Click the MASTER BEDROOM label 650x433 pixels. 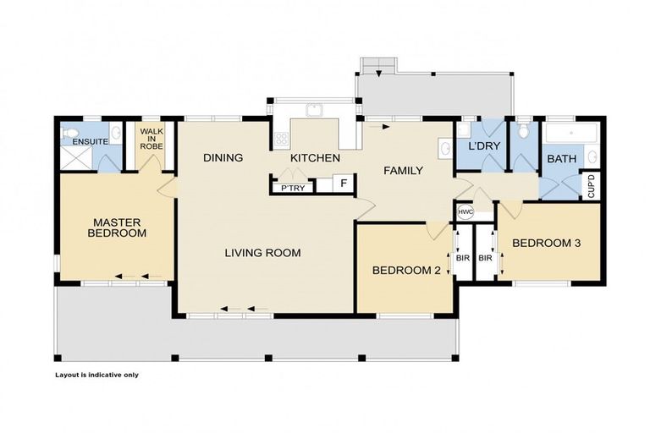point(118,227)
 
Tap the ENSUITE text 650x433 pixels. point(90,141)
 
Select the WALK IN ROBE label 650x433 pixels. point(151,138)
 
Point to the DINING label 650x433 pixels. point(223,158)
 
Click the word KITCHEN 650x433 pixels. point(315,158)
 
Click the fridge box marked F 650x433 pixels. point(344,183)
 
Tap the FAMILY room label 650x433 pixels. point(403,171)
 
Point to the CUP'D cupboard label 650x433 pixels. point(591,186)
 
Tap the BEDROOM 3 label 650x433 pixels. point(546,244)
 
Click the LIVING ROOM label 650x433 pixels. point(262,252)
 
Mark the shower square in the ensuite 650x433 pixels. point(72,160)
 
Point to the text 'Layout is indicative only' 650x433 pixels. point(96,375)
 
